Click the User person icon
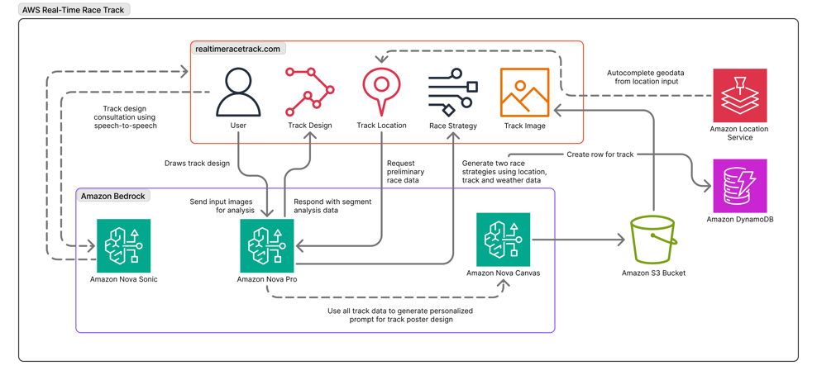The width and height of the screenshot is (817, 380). (x=238, y=93)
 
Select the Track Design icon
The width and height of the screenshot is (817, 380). (x=310, y=93)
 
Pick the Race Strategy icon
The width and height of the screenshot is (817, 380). (x=452, y=93)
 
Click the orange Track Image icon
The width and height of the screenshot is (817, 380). (x=524, y=93)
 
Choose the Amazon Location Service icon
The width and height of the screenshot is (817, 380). (x=739, y=96)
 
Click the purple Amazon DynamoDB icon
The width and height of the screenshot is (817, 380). (x=739, y=186)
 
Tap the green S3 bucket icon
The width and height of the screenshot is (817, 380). (x=653, y=240)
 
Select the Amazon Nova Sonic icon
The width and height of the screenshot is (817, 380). (x=124, y=245)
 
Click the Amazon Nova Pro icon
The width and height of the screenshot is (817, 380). (x=267, y=245)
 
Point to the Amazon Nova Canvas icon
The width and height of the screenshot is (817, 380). (x=503, y=240)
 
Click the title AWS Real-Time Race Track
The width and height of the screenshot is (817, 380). (x=74, y=10)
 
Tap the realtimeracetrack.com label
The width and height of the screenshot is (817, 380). (x=238, y=49)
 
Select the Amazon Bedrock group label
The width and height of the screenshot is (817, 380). (x=113, y=196)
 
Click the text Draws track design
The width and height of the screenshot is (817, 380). (x=197, y=164)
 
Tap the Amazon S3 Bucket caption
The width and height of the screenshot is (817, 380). (x=653, y=273)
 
